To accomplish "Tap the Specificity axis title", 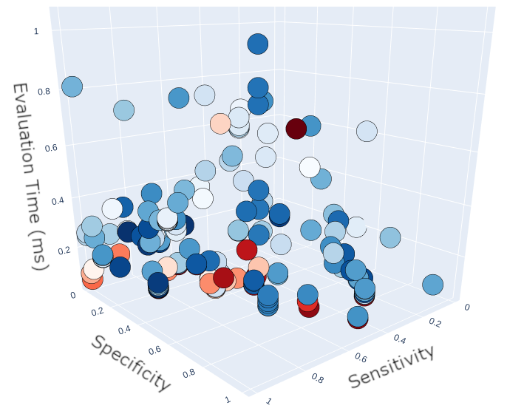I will pyautogui.click(x=132, y=362).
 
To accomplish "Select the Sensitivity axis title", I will pyautogui.click(x=391, y=367).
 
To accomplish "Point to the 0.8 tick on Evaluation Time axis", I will pyautogui.click(x=43, y=91).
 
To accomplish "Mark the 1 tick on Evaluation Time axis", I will pyautogui.click(x=36, y=31).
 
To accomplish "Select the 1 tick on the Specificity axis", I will pyautogui.click(x=228, y=398).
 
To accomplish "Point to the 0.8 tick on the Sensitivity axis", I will pyautogui.click(x=319, y=379).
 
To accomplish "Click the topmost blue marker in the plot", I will pyautogui.click(x=257, y=44).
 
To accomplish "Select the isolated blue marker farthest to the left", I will pyautogui.click(x=72, y=86).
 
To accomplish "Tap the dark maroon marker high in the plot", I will pyautogui.click(x=296, y=129).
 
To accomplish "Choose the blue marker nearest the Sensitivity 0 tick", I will pyautogui.click(x=432, y=285).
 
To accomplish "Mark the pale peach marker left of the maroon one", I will pyautogui.click(x=220, y=123).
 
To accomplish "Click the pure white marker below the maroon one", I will pyautogui.click(x=309, y=167).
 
